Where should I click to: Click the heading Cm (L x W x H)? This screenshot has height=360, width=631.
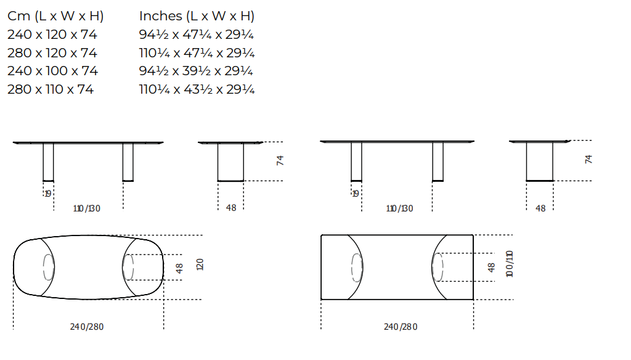[x=55, y=16]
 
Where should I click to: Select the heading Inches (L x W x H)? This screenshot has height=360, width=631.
[x=197, y=16]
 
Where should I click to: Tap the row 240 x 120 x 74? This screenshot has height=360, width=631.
[x=52, y=35]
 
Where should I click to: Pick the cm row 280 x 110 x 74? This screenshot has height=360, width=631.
[x=51, y=89]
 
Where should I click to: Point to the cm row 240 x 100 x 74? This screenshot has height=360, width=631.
[x=53, y=71]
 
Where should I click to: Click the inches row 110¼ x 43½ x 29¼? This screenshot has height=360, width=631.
[x=197, y=89]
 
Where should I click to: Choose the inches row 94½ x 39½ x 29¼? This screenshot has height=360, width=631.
[x=196, y=71]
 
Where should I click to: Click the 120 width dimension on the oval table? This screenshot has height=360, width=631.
[x=200, y=264]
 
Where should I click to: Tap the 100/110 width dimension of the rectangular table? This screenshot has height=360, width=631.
[x=510, y=264]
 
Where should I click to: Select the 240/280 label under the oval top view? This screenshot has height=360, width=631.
[x=87, y=327]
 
